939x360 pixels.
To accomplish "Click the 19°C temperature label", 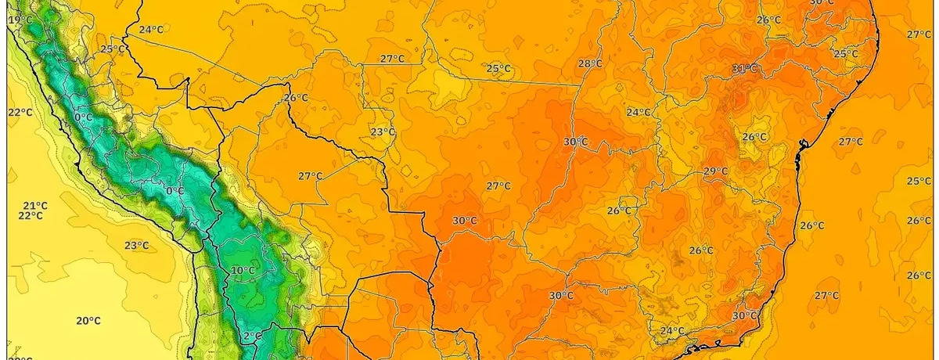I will click(20, 20).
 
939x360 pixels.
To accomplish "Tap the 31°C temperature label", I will click(744, 69).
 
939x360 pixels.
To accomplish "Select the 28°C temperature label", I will click(590, 63).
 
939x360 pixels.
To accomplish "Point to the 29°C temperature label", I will click(715, 171).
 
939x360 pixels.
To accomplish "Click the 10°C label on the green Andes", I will click(243, 271).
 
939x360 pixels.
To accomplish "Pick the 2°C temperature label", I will click(252, 336).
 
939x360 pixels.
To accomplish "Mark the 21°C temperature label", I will click(34, 206).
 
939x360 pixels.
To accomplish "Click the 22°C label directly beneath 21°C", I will click(31, 216).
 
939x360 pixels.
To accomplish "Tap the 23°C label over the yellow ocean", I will click(136, 245).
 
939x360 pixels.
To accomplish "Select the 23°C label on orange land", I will click(383, 131).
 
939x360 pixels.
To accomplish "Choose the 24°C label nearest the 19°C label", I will click(151, 31).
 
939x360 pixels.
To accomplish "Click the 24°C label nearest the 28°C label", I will click(638, 112).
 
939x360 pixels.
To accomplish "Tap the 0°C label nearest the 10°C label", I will click(175, 190).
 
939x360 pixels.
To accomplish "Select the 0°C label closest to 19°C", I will click(83, 117).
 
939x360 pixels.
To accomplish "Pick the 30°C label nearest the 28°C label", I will click(575, 142).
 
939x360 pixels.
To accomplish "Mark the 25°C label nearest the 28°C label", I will click(498, 68).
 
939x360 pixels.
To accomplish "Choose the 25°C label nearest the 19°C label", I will click(113, 49).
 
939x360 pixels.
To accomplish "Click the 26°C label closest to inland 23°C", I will click(296, 98).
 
